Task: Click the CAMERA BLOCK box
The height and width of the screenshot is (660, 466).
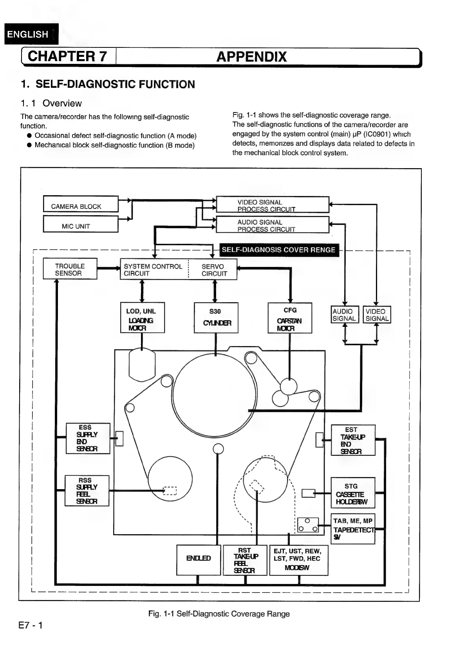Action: (80, 204)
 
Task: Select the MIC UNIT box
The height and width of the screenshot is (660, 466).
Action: (80, 225)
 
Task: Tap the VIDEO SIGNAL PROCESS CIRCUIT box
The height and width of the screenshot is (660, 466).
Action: (272, 205)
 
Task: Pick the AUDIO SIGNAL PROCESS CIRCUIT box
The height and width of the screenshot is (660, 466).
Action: (272, 225)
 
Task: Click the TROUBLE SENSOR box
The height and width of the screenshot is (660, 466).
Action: (70, 269)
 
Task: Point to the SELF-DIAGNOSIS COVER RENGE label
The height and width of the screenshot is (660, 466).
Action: (278, 250)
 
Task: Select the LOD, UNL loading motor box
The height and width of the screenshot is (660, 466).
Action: (142, 318)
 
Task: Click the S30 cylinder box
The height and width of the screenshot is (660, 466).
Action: (216, 318)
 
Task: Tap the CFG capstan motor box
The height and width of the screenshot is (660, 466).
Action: (290, 318)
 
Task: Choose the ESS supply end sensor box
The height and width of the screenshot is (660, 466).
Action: (88, 439)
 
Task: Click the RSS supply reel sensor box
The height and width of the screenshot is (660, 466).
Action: (87, 491)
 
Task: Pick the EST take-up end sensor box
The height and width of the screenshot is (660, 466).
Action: (353, 440)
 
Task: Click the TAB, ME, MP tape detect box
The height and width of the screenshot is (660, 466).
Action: (353, 529)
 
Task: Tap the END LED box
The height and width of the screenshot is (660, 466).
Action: (199, 560)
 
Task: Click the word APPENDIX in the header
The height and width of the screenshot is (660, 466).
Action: (251, 57)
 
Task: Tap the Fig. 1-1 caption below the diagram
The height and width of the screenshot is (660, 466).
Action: (219, 614)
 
